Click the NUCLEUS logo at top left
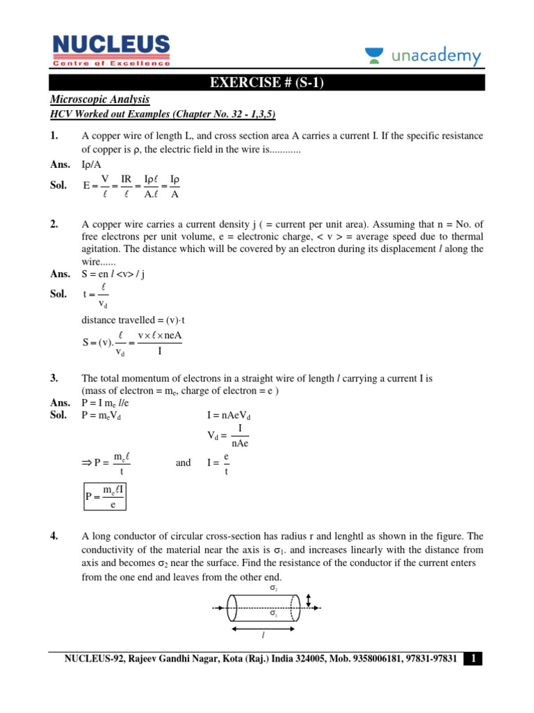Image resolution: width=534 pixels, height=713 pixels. tap(111, 49)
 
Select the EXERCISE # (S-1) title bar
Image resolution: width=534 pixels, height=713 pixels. tap(267, 84)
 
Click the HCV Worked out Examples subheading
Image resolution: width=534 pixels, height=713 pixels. tap(167, 114)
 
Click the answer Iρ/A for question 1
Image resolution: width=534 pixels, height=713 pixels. tap(91, 165)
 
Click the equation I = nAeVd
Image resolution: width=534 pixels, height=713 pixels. tap(229, 416)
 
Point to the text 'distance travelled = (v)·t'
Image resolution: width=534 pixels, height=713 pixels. tap(133, 320)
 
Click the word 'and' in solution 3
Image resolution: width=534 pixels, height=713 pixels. tap(184, 462)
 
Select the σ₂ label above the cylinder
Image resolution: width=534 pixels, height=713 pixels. tap(273, 589)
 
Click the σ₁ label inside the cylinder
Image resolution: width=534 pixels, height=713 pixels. tap(273, 614)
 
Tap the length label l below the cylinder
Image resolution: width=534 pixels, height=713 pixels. tap(264, 636)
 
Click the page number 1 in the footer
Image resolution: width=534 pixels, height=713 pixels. tap(474, 659)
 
